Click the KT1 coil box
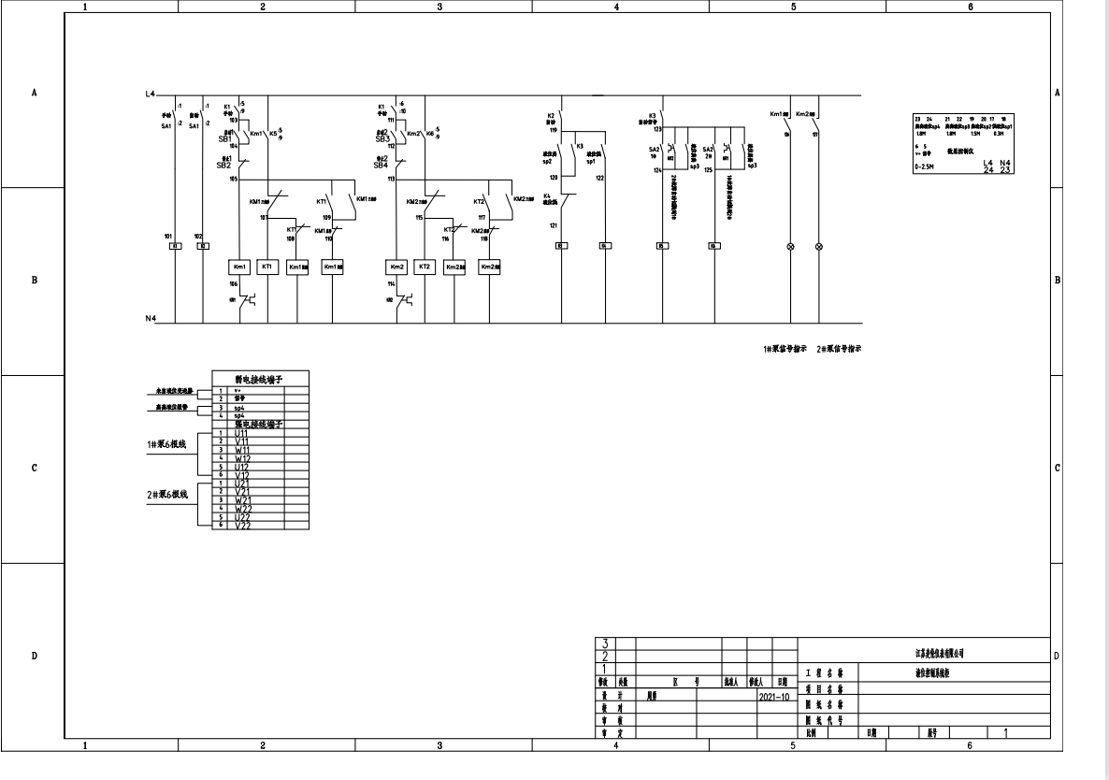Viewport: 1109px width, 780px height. (x=268, y=267)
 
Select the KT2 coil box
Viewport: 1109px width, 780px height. (x=425, y=267)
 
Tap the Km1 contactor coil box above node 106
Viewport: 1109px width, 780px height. (x=239, y=267)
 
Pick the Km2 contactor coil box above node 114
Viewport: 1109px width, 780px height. (x=396, y=267)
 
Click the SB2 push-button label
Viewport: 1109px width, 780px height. (x=223, y=165)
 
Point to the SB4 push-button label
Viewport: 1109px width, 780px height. (x=381, y=165)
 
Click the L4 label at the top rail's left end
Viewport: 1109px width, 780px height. (x=150, y=95)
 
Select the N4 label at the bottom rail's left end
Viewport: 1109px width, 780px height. (x=150, y=319)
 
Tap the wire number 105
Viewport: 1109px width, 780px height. (x=234, y=178)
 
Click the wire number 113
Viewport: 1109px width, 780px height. (x=391, y=178)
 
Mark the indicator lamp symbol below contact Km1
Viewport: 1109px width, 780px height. (x=791, y=246)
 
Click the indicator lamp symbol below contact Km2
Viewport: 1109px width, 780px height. (x=820, y=246)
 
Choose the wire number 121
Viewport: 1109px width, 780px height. (x=553, y=225)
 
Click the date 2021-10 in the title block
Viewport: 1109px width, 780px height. (x=772, y=696)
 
